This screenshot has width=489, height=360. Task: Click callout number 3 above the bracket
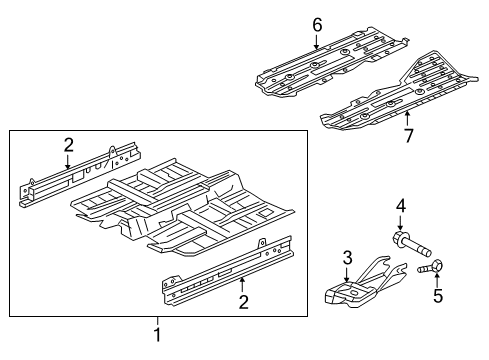coord(347,258)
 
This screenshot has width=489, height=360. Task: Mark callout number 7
coord(407,134)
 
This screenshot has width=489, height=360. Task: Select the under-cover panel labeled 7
coord(400,95)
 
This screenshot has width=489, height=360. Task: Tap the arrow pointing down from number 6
coord(317,42)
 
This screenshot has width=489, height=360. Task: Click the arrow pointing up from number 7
coord(407,118)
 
